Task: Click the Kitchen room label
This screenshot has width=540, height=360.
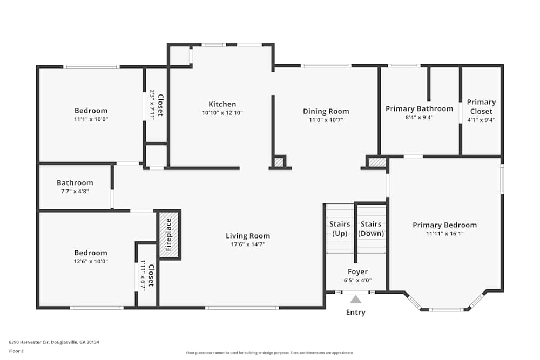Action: click(x=222, y=104)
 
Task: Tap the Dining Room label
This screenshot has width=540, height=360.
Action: click(x=326, y=111)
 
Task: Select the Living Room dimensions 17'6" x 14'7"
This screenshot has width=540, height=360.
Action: click(x=247, y=244)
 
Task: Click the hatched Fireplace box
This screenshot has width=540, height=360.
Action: click(x=169, y=235)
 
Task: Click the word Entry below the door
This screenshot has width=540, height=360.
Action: click(x=355, y=313)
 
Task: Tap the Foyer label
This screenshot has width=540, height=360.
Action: click(x=357, y=272)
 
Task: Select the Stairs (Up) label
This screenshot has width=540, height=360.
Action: click(x=340, y=229)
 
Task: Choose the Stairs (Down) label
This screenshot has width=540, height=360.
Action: click(x=371, y=229)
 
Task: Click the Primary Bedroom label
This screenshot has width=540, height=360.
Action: click(x=444, y=225)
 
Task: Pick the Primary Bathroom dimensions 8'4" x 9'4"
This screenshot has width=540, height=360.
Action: click(x=419, y=117)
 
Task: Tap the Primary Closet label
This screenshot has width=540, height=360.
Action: click(x=481, y=106)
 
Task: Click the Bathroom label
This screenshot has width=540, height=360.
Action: click(x=75, y=183)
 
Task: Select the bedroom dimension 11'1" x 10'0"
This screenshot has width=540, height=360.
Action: click(x=91, y=119)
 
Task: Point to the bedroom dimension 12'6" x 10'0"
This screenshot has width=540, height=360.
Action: click(x=90, y=261)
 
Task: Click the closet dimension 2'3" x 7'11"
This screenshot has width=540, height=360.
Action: click(x=152, y=105)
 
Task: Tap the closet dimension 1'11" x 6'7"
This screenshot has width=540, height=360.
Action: click(x=144, y=275)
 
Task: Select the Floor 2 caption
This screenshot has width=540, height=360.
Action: click(x=16, y=351)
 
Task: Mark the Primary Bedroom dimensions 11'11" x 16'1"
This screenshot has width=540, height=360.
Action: click(x=444, y=234)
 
